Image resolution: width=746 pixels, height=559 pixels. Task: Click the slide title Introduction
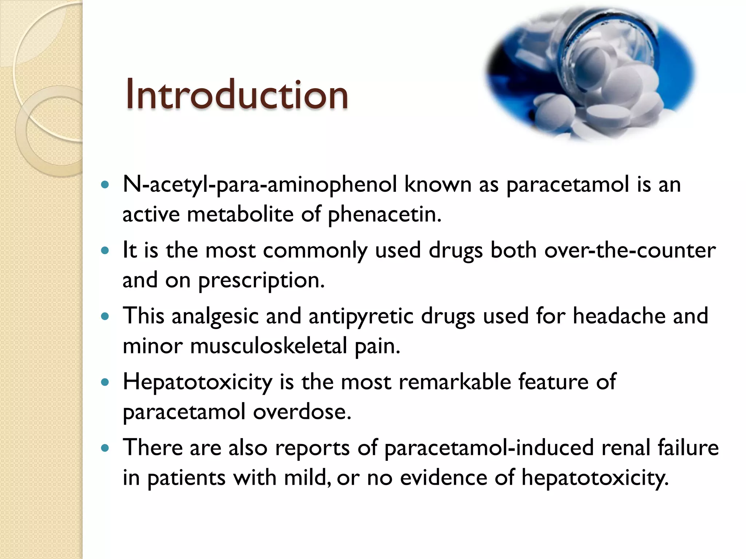(x=237, y=95)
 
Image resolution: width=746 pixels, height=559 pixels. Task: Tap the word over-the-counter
(x=630, y=251)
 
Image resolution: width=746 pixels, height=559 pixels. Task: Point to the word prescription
(x=261, y=281)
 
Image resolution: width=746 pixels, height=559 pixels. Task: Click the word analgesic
(x=215, y=316)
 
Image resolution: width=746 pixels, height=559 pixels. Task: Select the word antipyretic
(x=361, y=316)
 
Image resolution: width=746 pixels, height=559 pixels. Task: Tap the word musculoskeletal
(x=268, y=346)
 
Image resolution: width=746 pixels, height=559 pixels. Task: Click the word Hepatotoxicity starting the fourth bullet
(x=197, y=382)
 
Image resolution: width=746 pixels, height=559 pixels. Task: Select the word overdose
(x=302, y=412)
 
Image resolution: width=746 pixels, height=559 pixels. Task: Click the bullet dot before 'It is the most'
(x=105, y=251)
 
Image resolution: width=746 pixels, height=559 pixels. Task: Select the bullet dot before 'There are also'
(x=105, y=448)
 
